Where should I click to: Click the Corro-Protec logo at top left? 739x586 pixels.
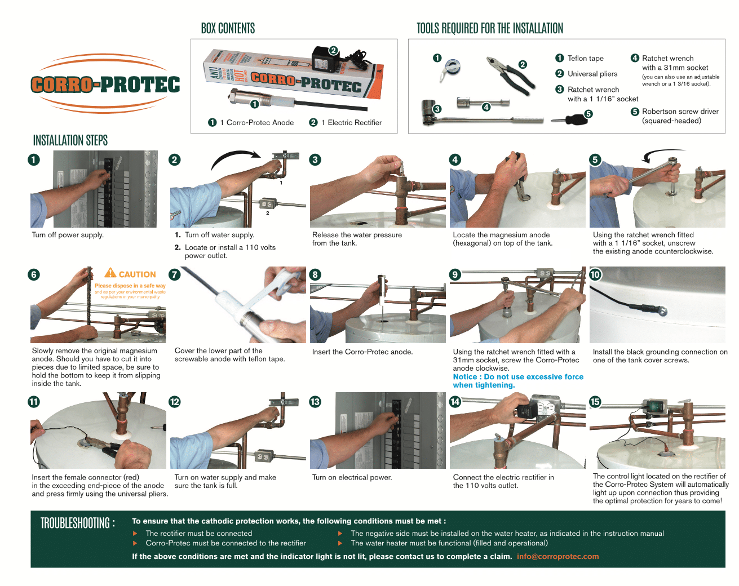coord(105,85)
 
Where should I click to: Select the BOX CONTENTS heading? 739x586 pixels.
coord(228,29)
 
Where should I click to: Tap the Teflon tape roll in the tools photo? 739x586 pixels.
coord(452,68)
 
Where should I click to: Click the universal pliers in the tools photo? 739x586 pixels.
coord(509,74)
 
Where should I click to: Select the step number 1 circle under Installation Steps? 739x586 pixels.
coord(34,159)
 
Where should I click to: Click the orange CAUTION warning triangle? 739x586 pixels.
coord(110,273)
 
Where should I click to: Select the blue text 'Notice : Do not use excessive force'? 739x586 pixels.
coord(518,377)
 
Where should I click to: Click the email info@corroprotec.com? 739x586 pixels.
coord(557,557)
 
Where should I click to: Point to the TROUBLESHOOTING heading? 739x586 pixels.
coord(77,523)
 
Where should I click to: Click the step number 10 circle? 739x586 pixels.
coord(595,274)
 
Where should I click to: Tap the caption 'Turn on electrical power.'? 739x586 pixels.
coord(352,478)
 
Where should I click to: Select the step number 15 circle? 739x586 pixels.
coord(595,402)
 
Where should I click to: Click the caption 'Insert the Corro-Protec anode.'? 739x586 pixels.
coord(362,352)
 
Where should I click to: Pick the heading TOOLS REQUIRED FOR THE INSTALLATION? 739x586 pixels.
coord(489,29)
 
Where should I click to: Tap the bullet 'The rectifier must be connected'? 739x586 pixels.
coord(198,534)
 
